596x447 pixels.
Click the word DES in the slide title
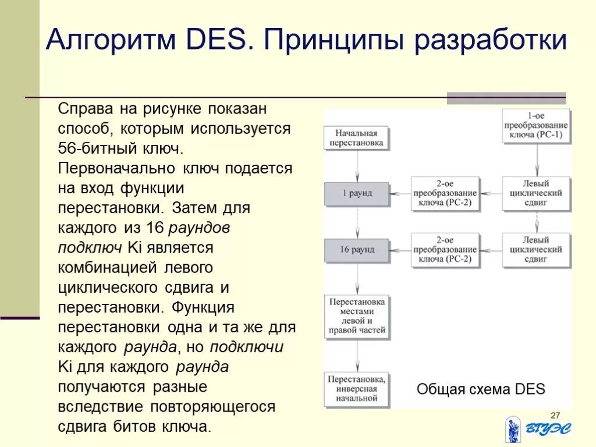[x=217, y=40]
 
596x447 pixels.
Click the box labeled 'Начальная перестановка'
[x=357, y=137]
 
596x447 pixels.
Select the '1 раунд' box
[x=357, y=193]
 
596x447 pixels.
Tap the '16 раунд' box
[x=357, y=250]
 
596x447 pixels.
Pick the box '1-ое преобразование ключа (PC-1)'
[x=536, y=126]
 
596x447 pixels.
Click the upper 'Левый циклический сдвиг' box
[x=536, y=193]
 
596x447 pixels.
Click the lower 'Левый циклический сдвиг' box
[x=536, y=250]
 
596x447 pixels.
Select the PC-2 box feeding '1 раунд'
[x=445, y=193]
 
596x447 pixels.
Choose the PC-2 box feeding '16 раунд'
[x=445, y=250]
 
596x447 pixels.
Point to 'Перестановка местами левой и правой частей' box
[x=357, y=317]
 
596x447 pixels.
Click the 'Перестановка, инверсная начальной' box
[x=357, y=388]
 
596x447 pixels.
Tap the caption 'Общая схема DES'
[x=481, y=389]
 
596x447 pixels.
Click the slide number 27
[x=555, y=414]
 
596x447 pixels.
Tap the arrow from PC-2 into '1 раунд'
[x=400, y=193]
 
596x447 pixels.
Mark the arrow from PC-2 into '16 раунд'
[x=400, y=250]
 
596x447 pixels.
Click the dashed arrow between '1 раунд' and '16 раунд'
[x=357, y=222]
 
